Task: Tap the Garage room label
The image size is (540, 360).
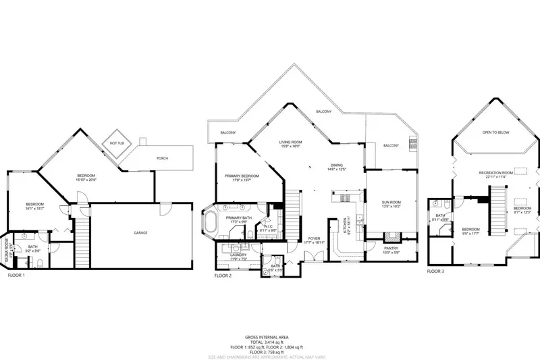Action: pyautogui.click(x=140, y=233)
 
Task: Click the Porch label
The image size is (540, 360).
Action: pyautogui.click(x=162, y=159)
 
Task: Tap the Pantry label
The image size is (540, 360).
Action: pyautogui.click(x=391, y=249)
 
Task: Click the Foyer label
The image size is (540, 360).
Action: pyautogui.click(x=315, y=238)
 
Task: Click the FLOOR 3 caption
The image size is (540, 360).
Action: pyautogui.click(x=435, y=271)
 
